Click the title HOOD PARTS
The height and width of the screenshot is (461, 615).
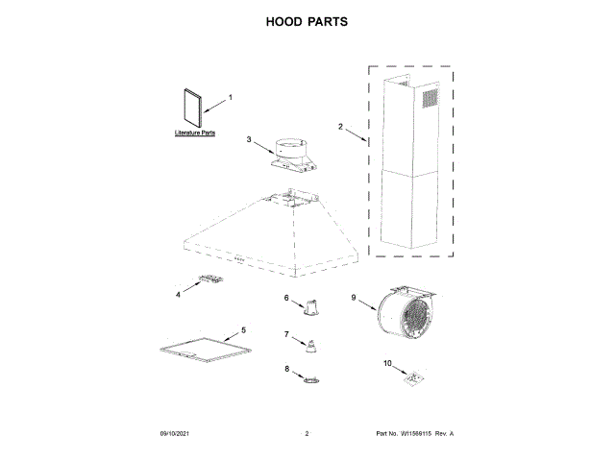coord(307,20)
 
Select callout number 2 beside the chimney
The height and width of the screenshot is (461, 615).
coord(340,126)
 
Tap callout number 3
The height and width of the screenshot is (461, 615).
coord(248,140)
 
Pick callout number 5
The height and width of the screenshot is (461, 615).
coord(243,329)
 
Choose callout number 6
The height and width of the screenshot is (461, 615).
coord(286,299)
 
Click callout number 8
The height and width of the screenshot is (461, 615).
coord(286,369)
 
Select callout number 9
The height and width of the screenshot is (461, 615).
coord(355,299)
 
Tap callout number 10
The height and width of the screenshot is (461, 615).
coord(388,363)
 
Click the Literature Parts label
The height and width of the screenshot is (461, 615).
coord(194,133)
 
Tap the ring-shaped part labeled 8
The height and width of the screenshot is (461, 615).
coord(310,381)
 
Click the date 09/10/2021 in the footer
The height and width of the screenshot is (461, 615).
coord(175,434)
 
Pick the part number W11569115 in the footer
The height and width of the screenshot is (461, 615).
coord(419,434)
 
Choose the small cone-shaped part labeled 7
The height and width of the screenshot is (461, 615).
coord(310,346)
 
